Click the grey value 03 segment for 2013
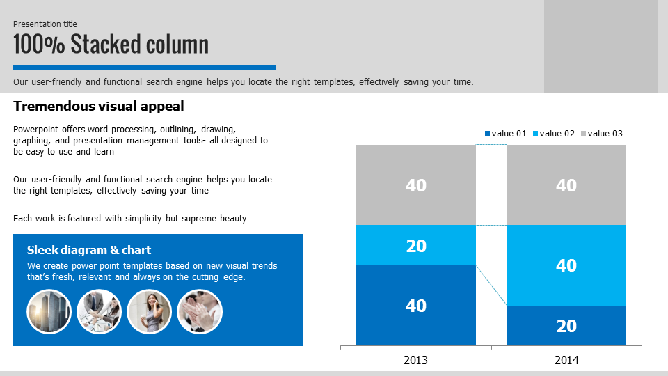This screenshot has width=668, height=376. (x=416, y=185)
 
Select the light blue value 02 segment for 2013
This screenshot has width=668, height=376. (x=416, y=245)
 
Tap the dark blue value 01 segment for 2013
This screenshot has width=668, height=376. (x=416, y=305)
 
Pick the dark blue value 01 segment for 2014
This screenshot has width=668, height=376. (x=566, y=326)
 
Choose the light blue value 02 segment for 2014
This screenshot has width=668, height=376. (x=566, y=265)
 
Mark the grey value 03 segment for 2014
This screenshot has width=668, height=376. (x=566, y=185)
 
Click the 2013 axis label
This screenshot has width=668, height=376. (x=415, y=360)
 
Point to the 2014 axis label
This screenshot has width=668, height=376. (x=566, y=360)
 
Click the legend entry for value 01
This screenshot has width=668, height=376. (x=506, y=134)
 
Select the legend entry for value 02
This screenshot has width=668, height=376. (x=554, y=134)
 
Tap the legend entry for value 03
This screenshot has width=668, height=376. (x=601, y=134)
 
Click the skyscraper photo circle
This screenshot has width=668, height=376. (x=49, y=312)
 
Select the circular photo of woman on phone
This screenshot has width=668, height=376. (x=149, y=312)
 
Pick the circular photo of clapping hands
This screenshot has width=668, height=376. (x=200, y=312)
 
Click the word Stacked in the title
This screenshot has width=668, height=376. (x=105, y=44)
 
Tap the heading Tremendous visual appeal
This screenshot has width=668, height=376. (x=98, y=106)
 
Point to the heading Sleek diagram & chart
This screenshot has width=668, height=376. (x=89, y=250)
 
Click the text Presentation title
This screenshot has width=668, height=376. (x=45, y=24)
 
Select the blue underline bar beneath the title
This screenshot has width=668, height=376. (x=145, y=68)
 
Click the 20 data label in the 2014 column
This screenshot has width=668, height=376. (x=566, y=326)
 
